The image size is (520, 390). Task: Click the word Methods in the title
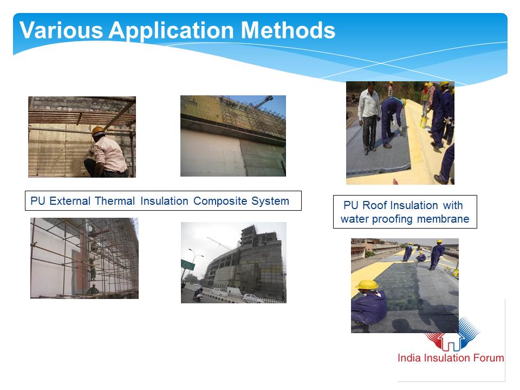[288, 30]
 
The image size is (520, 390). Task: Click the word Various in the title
[61, 30]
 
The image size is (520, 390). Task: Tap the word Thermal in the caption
[115, 201]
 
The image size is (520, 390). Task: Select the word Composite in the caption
[220, 201]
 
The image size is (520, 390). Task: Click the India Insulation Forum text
[451, 358]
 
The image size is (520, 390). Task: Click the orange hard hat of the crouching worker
[98, 131]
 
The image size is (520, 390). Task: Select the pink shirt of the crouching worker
[109, 154]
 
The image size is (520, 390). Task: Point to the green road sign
[188, 265]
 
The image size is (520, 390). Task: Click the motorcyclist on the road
[198, 294]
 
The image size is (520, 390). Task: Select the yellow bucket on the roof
[424, 121]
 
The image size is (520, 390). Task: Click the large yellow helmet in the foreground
[367, 285]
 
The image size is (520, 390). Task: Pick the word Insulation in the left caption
[164, 201]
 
